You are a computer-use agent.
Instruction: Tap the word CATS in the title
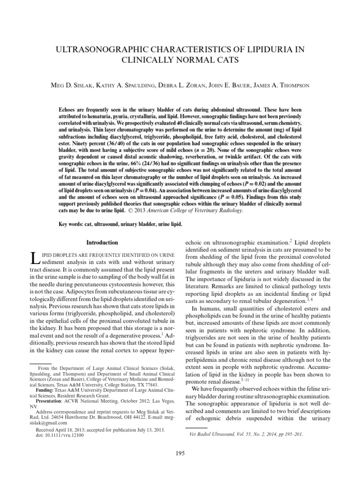click(223, 60)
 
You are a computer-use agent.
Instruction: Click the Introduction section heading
click(102, 242)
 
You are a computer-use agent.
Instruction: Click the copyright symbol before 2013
click(133, 210)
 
